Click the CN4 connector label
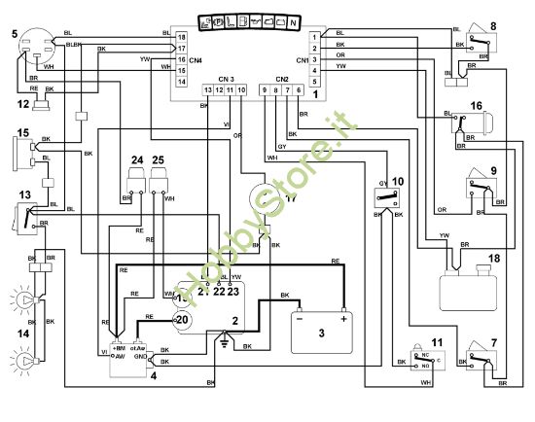195,60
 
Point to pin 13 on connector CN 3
207,89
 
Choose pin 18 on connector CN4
181,36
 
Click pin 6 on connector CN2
299,89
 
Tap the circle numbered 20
181,318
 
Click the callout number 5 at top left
15,34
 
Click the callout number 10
396,180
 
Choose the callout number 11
437,343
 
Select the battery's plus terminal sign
342,318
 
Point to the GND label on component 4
141,357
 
